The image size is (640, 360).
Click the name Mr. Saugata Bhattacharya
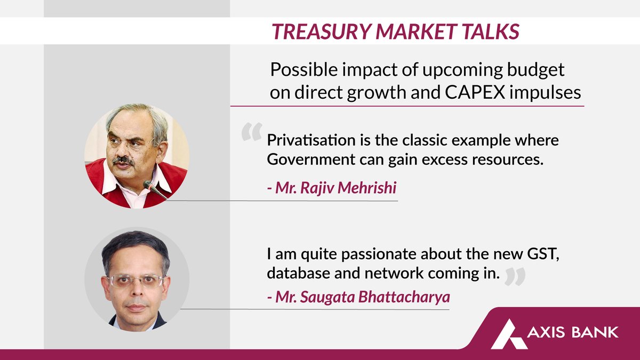(x=357, y=297)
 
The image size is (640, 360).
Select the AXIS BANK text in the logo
(x=573, y=332)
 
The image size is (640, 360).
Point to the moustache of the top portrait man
(x=123, y=159)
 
